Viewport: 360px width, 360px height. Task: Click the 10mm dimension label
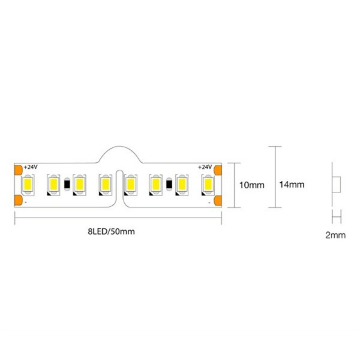pyautogui.click(x=252, y=185)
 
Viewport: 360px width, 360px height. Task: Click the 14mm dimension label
pyautogui.click(x=292, y=184)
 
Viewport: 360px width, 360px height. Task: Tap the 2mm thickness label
pyautogui.click(x=335, y=235)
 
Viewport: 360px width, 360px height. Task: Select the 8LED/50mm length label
pyautogui.click(x=111, y=231)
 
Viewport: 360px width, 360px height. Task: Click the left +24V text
pyautogui.click(x=31, y=167)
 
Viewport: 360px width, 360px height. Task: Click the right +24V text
pyautogui.click(x=205, y=167)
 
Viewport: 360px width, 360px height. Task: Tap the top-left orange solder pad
pyautogui.click(x=18, y=170)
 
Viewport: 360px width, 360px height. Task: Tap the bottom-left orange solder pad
pyautogui.click(x=18, y=200)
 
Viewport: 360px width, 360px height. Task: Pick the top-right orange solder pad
pyautogui.click(x=218, y=170)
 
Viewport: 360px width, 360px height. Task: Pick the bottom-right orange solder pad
pyautogui.click(x=218, y=200)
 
